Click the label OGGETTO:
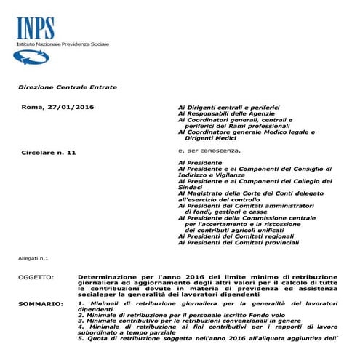pos(35,278)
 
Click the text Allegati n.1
pos(32,258)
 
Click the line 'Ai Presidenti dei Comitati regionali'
pos(234,236)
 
